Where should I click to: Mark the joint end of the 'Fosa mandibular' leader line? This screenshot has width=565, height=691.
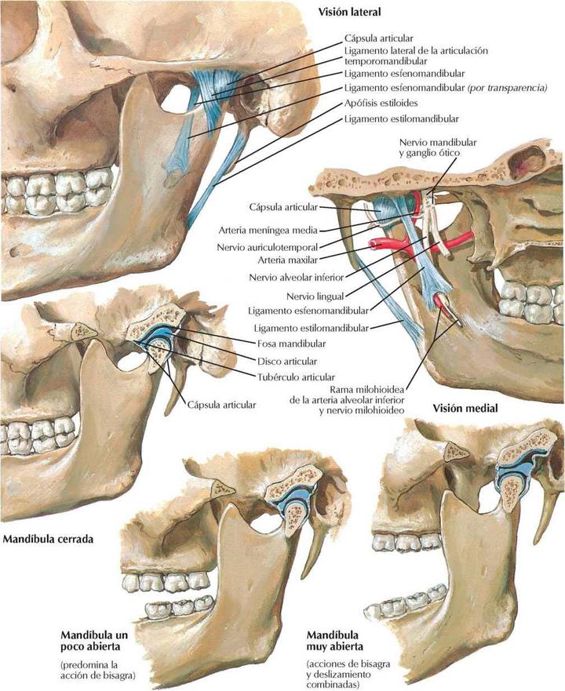click(x=175, y=328)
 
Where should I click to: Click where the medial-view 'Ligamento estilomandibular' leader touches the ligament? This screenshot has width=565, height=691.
click(x=399, y=321)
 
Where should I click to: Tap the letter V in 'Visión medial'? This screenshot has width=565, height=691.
click(x=436, y=408)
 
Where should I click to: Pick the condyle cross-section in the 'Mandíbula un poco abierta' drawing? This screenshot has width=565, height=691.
click(x=293, y=517)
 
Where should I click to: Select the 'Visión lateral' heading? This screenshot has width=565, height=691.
click(x=349, y=13)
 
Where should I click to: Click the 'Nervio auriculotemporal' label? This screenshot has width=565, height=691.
click(x=267, y=247)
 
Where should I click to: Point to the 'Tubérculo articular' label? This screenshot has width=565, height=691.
click(x=296, y=377)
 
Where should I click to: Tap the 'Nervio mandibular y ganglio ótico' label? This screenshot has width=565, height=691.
click(x=437, y=147)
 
